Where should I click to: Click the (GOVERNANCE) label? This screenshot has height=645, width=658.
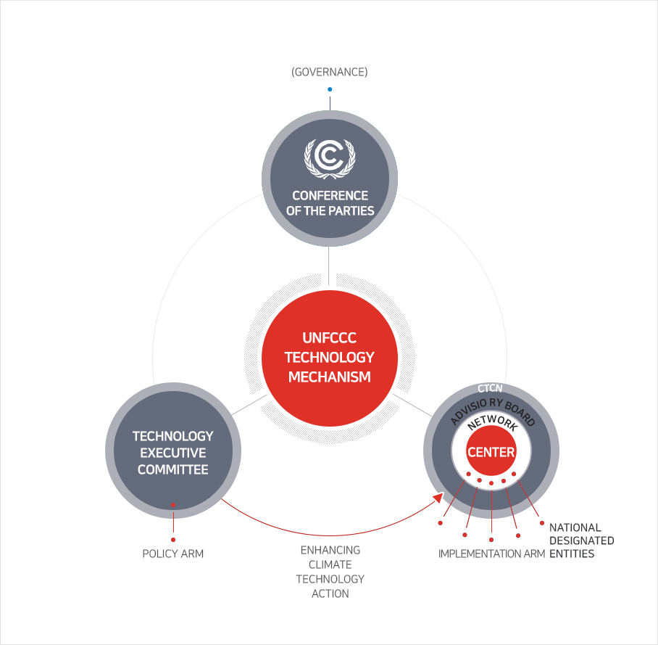click(330, 72)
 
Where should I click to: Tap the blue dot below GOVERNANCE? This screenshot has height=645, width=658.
click(330, 89)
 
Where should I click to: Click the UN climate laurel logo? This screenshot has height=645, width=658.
click(330, 158)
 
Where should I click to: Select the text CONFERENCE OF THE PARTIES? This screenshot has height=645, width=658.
click(330, 203)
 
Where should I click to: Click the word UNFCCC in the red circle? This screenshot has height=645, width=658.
click(330, 338)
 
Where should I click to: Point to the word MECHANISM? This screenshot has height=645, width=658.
click(330, 377)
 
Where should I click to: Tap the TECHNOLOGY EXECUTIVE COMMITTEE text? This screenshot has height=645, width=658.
click(173, 453)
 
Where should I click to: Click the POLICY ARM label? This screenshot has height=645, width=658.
click(173, 554)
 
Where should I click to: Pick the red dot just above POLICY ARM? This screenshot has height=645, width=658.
click(173, 540)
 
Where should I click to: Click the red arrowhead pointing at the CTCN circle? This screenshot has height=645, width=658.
click(438, 498)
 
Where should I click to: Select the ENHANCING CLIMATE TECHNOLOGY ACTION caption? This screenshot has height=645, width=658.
click(330, 572)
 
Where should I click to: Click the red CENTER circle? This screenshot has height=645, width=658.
click(491, 451)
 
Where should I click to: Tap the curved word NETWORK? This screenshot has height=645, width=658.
click(492, 422)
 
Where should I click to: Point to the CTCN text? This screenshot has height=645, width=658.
click(490, 388)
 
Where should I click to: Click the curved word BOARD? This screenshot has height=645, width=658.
click(520, 413)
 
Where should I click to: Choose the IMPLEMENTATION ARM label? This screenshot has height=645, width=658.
click(491, 554)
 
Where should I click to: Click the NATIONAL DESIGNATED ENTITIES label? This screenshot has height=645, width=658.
click(582, 541)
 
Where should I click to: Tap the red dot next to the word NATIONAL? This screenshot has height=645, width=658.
click(542, 523)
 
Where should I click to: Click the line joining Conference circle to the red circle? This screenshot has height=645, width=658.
click(328, 266)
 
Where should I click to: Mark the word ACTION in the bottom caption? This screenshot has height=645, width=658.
click(330, 593)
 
